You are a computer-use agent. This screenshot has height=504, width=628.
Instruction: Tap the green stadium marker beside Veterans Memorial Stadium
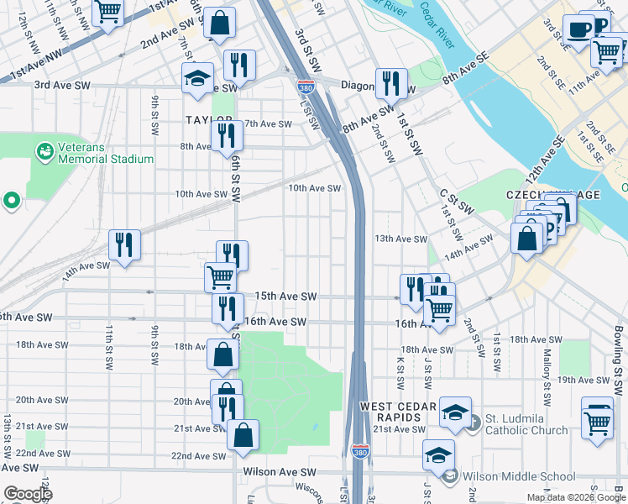(x=44, y=152)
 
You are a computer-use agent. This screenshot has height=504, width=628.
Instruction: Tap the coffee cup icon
(x=577, y=29)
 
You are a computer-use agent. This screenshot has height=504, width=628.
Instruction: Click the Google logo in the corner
(x=27, y=494)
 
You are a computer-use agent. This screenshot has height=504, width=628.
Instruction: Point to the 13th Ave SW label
(x=401, y=239)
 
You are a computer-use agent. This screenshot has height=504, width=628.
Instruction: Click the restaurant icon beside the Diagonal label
(x=390, y=82)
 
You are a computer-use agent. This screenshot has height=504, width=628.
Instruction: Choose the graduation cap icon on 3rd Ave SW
(x=197, y=76)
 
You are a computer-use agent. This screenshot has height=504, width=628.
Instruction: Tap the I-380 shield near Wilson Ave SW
(x=360, y=451)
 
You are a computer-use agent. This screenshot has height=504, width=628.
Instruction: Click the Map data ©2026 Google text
(x=576, y=497)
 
